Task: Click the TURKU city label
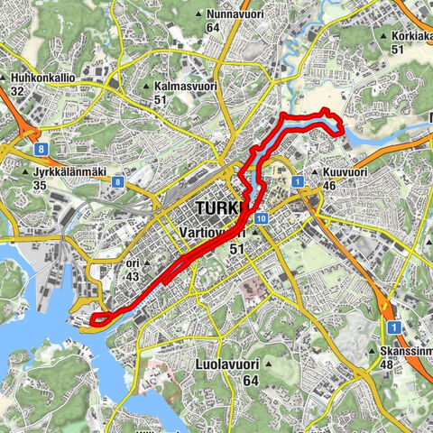point(218,209)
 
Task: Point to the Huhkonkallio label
point(43,78)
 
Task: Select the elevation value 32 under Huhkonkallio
point(18,91)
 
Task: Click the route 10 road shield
point(260,218)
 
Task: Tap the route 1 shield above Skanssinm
point(393,327)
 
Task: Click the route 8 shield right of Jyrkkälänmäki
point(118,180)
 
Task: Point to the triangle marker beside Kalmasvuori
point(146,87)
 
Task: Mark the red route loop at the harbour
point(101,317)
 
